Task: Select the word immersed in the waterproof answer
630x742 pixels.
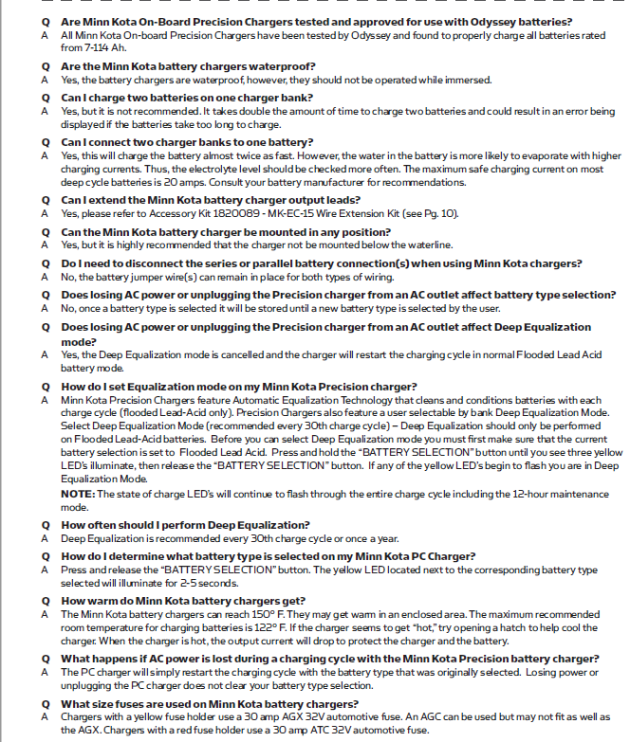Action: coord(470,81)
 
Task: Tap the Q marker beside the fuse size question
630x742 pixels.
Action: coord(45,703)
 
